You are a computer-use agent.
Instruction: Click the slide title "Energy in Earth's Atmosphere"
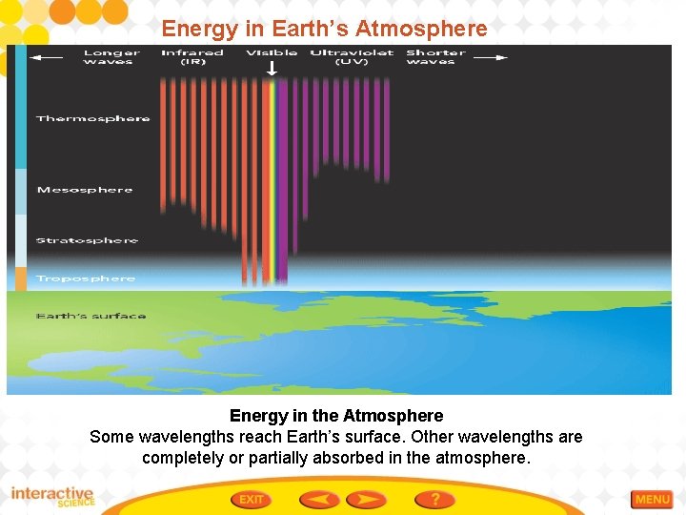[324, 29]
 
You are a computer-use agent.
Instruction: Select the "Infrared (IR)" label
[192, 57]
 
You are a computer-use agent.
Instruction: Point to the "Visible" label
[272, 52]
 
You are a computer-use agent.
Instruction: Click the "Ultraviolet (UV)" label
[352, 57]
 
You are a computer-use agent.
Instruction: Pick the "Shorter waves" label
[435, 57]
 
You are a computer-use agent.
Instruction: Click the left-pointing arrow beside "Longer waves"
[46, 57]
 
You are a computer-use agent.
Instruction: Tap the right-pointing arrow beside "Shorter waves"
[491, 57]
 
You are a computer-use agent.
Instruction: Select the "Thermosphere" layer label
[92, 119]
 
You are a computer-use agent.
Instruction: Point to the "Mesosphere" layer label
[85, 190]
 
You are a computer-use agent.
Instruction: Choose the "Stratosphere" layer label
[87, 240]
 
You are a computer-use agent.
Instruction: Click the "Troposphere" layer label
[86, 278]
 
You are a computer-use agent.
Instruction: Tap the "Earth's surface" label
[91, 316]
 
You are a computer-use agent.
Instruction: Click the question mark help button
[434, 499]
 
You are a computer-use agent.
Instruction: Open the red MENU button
[653, 499]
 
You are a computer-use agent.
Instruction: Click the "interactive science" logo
[52, 497]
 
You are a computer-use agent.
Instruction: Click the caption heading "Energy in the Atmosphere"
[336, 416]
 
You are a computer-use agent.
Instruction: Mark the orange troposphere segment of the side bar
[20, 278]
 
